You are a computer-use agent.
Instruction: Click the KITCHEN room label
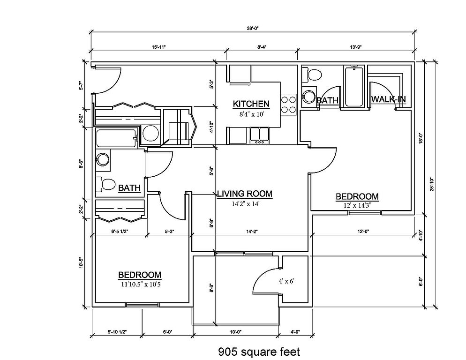click(x=251, y=104)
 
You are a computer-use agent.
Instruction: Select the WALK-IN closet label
click(x=388, y=99)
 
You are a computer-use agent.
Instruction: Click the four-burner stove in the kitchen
click(x=288, y=105)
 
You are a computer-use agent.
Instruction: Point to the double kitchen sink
click(x=259, y=135)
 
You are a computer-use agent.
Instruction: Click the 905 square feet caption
click(x=259, y=351)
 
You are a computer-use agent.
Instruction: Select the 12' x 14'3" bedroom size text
click(x=357, y=204)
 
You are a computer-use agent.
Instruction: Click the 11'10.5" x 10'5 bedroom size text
click(x=140, y=283)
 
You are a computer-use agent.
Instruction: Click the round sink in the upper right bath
click(x=308, y=97)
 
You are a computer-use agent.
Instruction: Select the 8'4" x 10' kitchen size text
click(x=251, y=112)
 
